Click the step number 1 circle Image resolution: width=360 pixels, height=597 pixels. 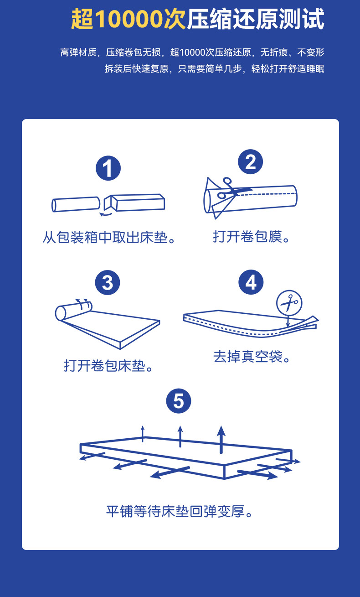tap(108, 168)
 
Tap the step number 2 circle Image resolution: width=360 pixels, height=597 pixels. tap(251, 162)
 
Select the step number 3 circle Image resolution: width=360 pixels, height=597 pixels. tap(108, 283)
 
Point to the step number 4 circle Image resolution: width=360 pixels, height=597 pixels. tap(251, 282)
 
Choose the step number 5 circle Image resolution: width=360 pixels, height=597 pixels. tap(179, 401)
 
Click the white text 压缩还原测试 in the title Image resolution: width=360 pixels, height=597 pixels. tap(255, 20)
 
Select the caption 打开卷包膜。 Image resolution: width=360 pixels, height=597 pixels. tap(251, 236)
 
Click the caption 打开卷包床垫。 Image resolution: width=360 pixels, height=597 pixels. tap(108, 365)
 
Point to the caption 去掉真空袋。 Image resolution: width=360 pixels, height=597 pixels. tap(252, 356)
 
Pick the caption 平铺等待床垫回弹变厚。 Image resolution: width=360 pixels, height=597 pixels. tap(180, 511)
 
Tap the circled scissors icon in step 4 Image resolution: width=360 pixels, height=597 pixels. tap(289, 302)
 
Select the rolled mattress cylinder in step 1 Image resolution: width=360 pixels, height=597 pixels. tap(76, 204)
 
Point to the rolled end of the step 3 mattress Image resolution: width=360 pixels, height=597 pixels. tap(73, 311)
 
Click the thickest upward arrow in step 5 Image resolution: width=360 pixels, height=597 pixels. tap(221, 439)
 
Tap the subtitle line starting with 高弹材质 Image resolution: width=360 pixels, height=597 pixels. tap(192, 52)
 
